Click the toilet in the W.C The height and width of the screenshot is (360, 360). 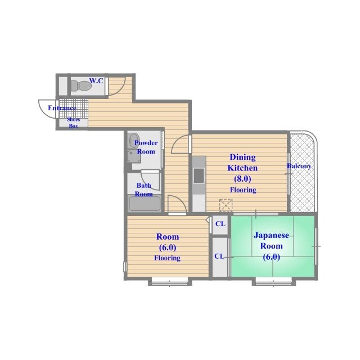point(81,86)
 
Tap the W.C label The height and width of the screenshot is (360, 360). point(96,80)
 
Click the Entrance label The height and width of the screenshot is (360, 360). point(62,108)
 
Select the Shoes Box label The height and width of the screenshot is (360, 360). point(74,123)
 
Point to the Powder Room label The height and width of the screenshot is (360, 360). point(146,147)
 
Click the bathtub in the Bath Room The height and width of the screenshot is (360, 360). point(145,204)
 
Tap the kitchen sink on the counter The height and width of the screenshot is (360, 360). point(199,176)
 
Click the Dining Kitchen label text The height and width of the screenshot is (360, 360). point(242,163)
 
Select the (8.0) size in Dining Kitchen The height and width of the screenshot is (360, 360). point(242,179)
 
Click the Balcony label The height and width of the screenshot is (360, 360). point(299,166)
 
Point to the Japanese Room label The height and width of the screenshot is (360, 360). point(271,241)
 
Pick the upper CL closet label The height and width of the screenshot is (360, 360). point(220,224)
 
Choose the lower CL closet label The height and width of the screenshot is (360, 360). point(219,256)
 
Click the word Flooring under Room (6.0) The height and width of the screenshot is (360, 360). point(167,258)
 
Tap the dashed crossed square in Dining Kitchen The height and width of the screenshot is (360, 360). point(226,205)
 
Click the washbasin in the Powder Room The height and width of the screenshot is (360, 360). point(133,140)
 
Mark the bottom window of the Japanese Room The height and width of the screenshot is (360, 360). point(274,282)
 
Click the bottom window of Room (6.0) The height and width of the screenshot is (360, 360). point(170,282)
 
